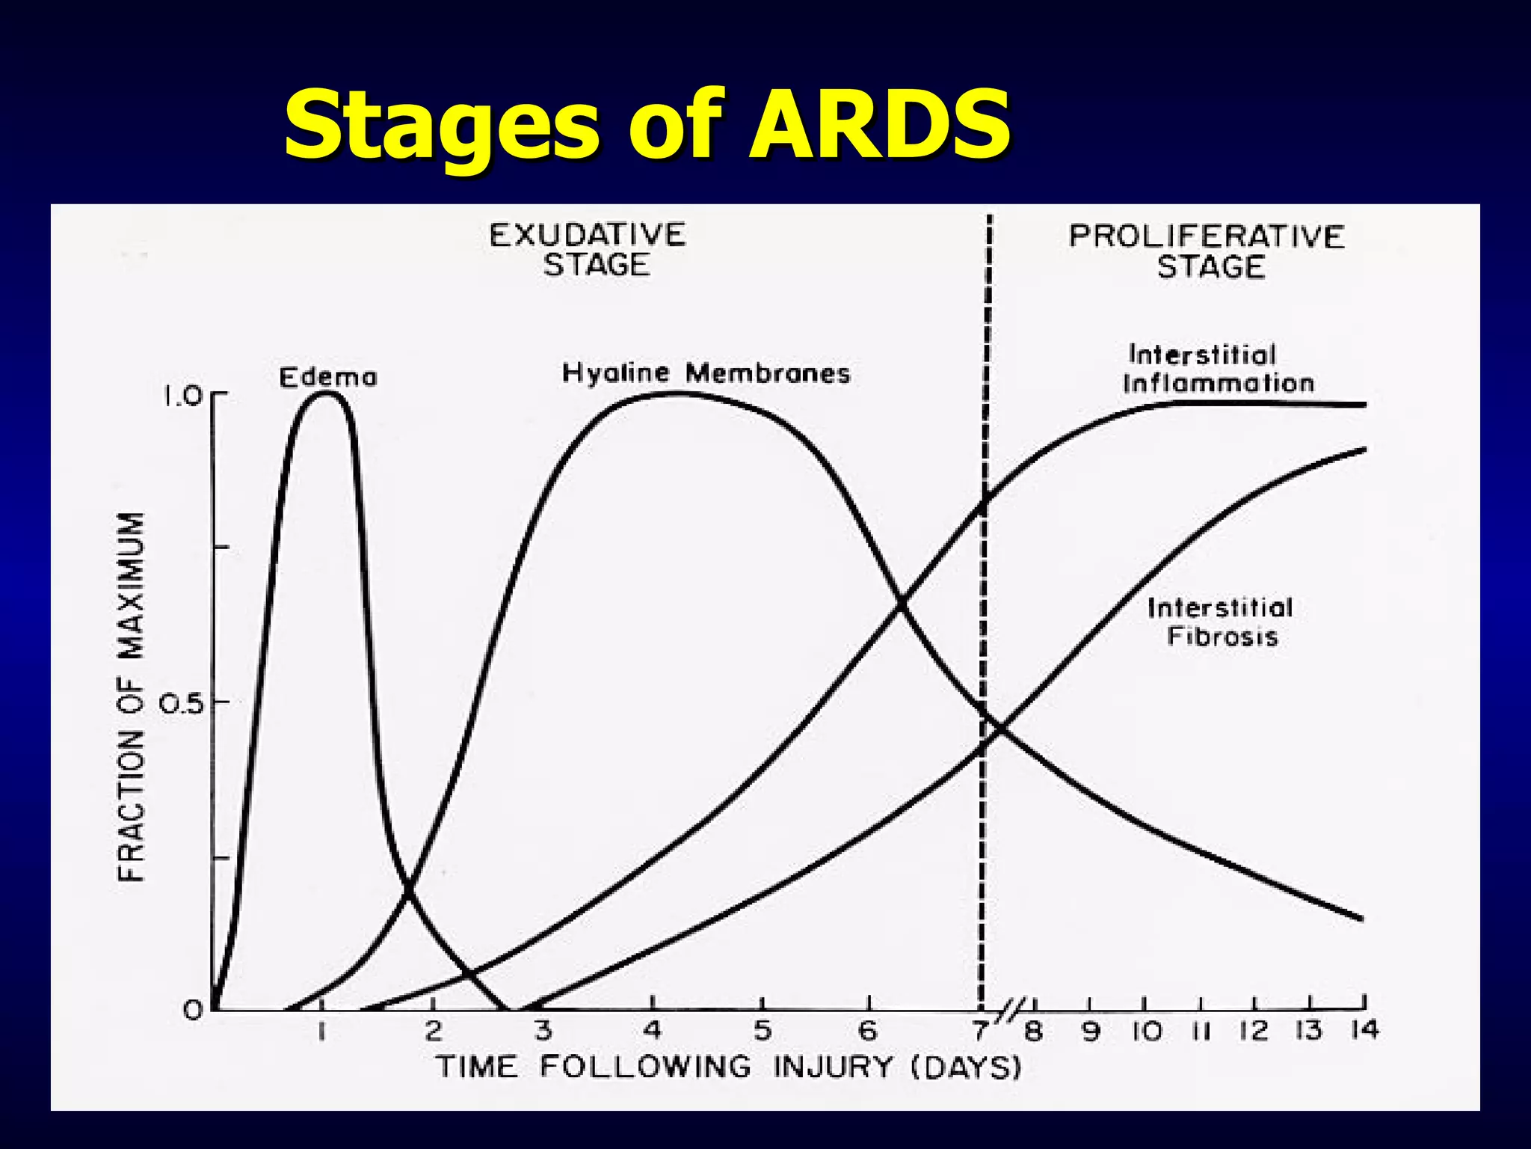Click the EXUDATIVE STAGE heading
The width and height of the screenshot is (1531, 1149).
click(x=588, y=250)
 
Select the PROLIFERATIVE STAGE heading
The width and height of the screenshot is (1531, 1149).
click(x=1207, y=251)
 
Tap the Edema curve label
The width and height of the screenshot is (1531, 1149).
click(x=328, y=377)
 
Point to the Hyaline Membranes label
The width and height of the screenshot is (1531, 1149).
click(x=706, y=373)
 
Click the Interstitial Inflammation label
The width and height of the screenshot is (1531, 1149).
click(x=1218, y=369)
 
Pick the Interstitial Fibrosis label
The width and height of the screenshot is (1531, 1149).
click(x=1221, y=622)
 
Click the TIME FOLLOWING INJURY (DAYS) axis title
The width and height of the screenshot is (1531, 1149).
click(x=728, y=1067)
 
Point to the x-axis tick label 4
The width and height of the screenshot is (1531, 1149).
click(x=653, y=1032)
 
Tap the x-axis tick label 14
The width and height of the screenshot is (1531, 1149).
click(x=1364, y=1031)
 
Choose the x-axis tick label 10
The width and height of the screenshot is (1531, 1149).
click(x=1146, y=1032)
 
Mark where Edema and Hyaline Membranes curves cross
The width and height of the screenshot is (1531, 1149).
click(x=408, y=889)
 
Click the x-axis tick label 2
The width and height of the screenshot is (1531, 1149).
click(x=434, y=1032)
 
